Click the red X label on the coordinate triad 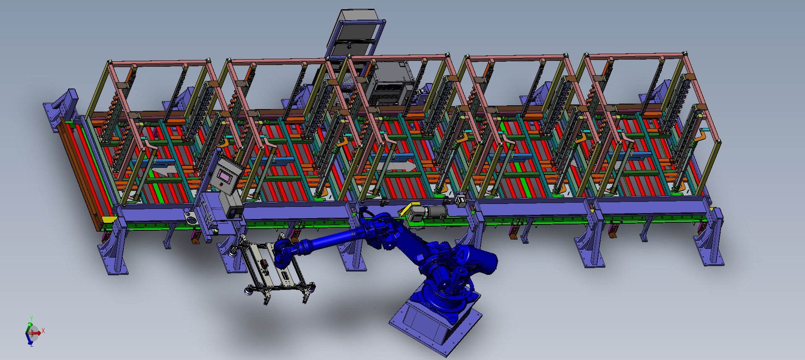43,331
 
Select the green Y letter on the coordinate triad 31,318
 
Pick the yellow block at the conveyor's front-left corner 109,219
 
